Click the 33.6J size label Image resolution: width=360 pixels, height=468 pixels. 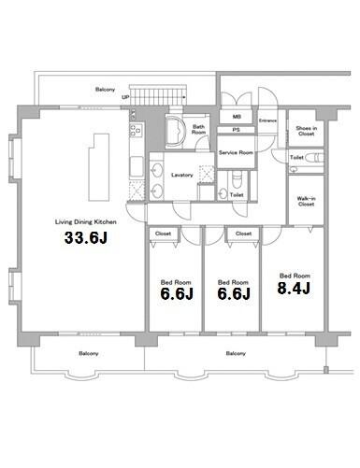tap(86, 238)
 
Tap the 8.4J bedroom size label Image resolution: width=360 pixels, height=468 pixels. tap(294, 288)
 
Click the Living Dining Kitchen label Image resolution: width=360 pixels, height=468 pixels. tap(86, 222)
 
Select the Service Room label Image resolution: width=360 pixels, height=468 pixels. tap(236, 152)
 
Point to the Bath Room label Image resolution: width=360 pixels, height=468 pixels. tap(198, 129)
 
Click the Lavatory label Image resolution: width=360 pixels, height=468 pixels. tap(182, 175)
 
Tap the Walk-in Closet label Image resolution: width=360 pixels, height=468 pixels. tap(306, 201)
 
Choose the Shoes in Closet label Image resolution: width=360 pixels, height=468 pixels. tap(306, 131)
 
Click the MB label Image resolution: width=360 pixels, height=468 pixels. tap(237, 117)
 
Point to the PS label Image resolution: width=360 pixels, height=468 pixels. tap(237, 130)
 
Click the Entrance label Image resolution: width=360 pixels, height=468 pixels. tap(267, 121)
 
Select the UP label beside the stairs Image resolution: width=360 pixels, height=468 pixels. tap(125, 97)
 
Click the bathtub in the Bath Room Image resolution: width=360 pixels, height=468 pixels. tap(174, 132)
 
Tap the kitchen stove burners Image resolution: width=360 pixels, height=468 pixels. tap(137, 130)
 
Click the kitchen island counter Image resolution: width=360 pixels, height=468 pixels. tap(99, 167)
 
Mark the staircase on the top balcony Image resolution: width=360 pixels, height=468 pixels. tap(158, 96)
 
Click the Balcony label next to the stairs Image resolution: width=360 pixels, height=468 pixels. tap(105, 90)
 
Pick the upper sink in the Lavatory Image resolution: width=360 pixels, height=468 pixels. tap(157, 170)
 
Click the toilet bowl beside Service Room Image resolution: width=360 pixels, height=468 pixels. tap(237, 179)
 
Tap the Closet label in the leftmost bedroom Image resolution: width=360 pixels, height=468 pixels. tap(163, 234)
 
